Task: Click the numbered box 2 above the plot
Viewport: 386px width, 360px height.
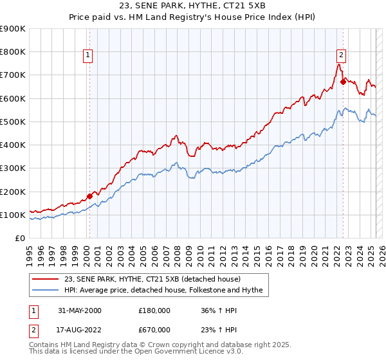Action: pyautogui.click(x=341, y=55)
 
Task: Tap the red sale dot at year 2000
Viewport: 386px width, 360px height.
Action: pyautogui.click(x=89, y=196)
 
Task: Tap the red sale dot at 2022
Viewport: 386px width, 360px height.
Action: pyautogui.click(x=343, y=82)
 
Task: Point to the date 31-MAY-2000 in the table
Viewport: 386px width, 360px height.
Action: pyautogui.click(x=79, y=310)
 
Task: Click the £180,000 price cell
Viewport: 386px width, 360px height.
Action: pyautogui.click(x=154, y=310)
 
